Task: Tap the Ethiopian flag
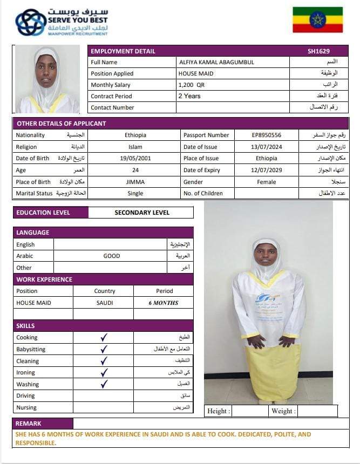pyautogui.click(x=317, y=19)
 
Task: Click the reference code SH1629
pyautogui.click(x=318, y=51)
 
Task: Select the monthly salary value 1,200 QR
pyautogui.click(x=192, y=85)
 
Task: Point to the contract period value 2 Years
pyautogui.click(x=189, y=96)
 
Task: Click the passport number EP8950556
pyautogui.click(x=267, y=135)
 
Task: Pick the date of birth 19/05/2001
pyautogui.click(x=135, y=159)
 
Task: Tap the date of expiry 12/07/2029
pyautogui.click(x=267, y=170)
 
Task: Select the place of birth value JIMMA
pyautogui.click(x=135, y=182)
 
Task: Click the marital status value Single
pyautogui.click(x=135, y=193)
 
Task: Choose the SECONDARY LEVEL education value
pyautogui.click(x=142, y=213)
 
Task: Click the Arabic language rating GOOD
pyautogui.click(x=112, y=256)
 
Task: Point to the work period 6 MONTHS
pyautogui.click(x=164, y=303)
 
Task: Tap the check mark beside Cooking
pyautogui.click(x=104, y=337)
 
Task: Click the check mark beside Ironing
pyautogui.click(x=104, y=372)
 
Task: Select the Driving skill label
pyautogui.click(x=26, y=396)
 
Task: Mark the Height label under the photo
pyautogui.click(x=219, y=411)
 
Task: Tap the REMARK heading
pyautogui.click(x=28, y=424)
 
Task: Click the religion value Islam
pyautogui.click(x=135, y=147)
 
